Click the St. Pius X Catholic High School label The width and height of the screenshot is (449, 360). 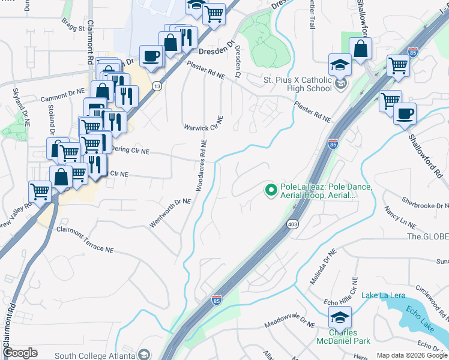click(x=298, y=84)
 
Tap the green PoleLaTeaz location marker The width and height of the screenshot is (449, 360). click(x=271, y=191)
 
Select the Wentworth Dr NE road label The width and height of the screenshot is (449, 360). click(x=170, y=214)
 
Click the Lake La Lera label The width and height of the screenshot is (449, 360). click(x=383, y=295)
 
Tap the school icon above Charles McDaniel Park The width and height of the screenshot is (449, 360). click(x=340, y=316)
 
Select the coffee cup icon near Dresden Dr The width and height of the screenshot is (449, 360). click(x=151, y=56)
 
